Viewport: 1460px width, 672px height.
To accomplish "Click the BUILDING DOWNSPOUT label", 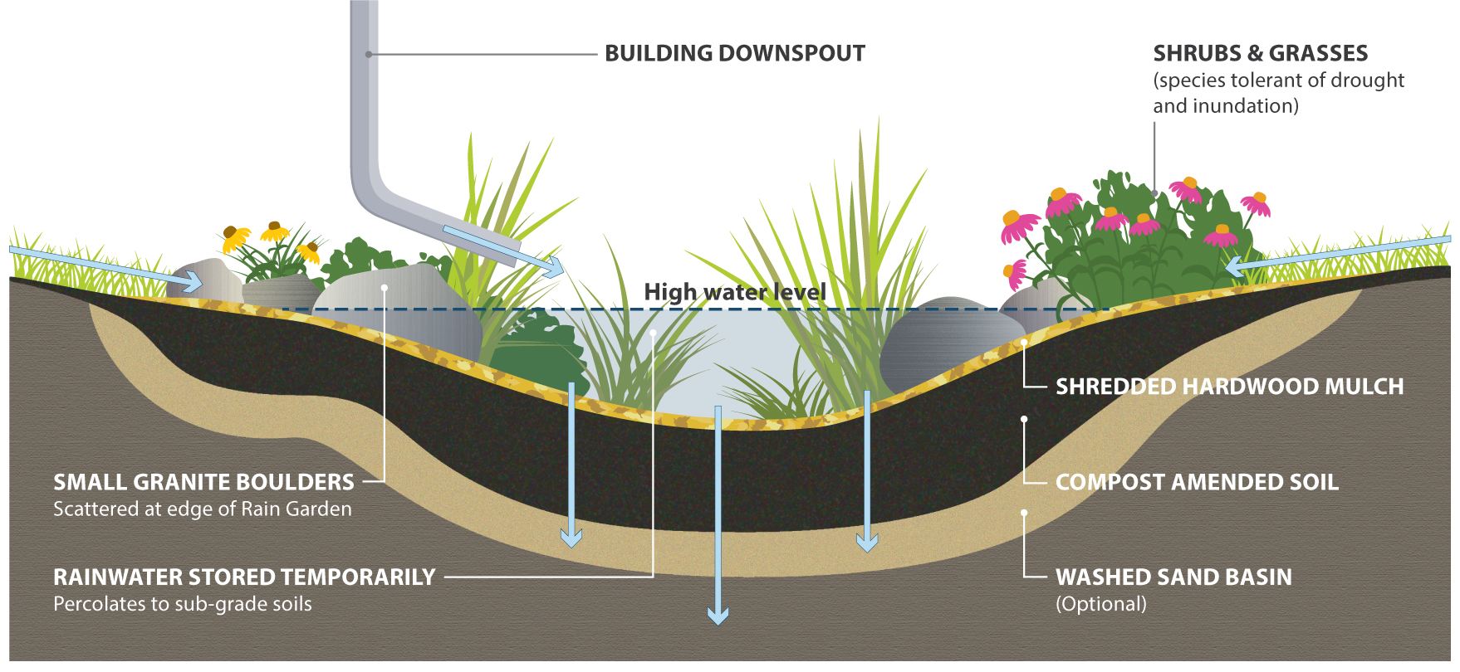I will [734, 54].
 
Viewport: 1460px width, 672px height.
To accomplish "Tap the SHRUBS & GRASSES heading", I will [1260, 54].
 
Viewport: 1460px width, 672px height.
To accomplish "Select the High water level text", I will [735, 292].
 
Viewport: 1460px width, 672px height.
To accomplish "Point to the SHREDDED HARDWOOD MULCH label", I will [1229, 387].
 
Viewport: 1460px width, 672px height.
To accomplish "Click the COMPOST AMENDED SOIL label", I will [1197, 482].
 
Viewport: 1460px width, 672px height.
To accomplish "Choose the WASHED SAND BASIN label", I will [1173, 577].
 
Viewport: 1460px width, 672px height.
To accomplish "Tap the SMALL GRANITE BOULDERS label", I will [203, 482].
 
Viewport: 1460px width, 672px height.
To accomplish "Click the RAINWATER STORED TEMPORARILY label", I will [244, 577].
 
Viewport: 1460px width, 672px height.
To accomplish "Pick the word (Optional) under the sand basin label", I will [1100, 603].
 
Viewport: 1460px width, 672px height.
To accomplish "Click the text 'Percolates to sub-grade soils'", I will [183, 603].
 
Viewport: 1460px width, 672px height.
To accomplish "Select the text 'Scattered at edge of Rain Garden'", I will [202, 509].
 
